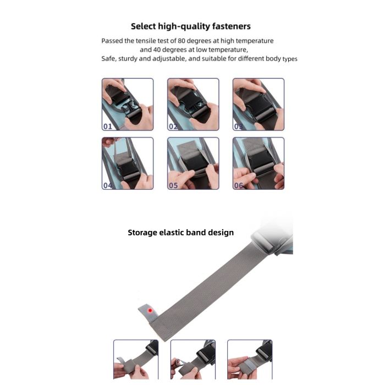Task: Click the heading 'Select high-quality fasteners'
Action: tap(190, 26)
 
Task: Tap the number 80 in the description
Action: tap(181, 41)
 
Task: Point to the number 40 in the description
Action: tap(157, 50)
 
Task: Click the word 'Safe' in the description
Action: tap(108, 59)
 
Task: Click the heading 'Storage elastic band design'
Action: tap(181, 233)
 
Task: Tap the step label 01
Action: tap(108, 127)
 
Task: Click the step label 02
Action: tap(173, 127)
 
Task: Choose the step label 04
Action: tap(108, 185)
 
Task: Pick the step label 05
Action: tap(173, 185)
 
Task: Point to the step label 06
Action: tap(238, 185)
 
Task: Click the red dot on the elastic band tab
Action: tap(150, 311)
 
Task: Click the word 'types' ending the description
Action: tap(290, 59)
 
